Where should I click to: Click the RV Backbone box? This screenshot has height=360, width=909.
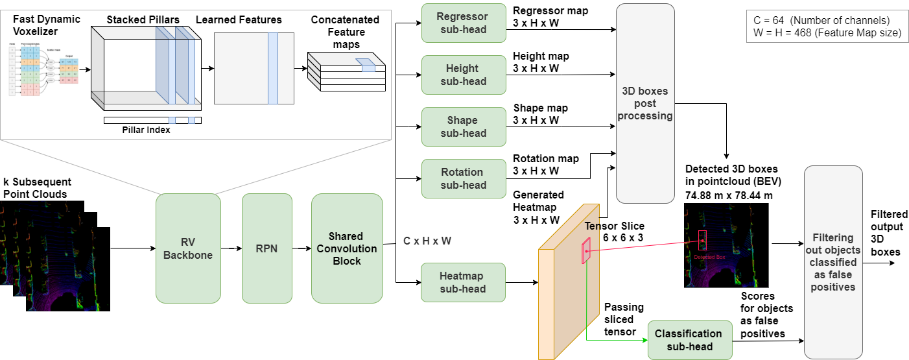point(188,248)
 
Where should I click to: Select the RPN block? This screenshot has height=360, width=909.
point(268,248)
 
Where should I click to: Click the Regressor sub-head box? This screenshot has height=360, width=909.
point(463,23)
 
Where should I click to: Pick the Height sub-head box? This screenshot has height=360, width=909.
point(463,75)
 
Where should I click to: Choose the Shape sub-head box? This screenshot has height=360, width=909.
point(463,126)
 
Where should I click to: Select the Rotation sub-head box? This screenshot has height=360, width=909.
point(463,178)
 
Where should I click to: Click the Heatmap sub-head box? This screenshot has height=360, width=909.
point(463,282)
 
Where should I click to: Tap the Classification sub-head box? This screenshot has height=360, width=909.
point(689,340)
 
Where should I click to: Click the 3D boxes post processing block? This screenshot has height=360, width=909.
point(644,103)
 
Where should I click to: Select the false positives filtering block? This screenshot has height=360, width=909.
point(833,262)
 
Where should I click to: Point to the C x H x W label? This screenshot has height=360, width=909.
point(427,241)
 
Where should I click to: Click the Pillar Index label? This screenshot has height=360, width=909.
point(146,130)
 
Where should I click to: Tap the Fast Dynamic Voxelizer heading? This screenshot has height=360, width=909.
point(46,25)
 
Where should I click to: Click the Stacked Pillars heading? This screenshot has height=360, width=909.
point(143,20)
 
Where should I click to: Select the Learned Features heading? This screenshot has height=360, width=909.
point(239,20)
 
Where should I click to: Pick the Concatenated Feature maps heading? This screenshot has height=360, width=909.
point(345,32)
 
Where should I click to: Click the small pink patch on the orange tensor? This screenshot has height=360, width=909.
point(586,250)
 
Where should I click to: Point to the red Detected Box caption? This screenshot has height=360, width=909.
point(709,257)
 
